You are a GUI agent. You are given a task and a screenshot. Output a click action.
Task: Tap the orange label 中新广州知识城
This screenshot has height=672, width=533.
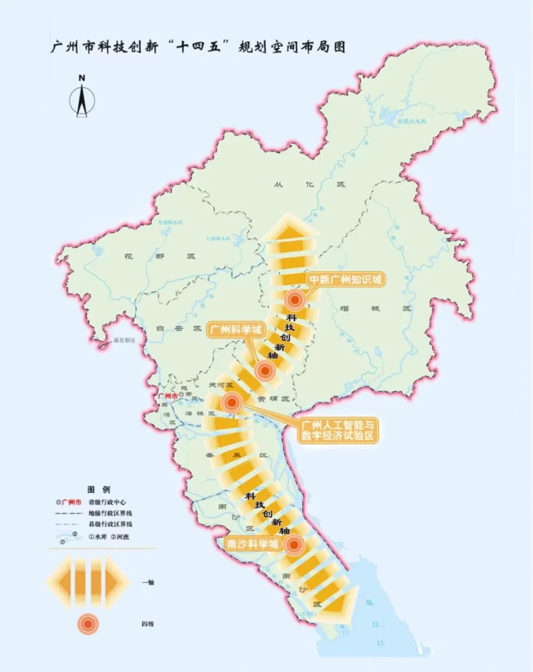[345, 279]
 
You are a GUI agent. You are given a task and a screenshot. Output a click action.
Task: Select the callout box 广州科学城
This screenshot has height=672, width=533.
[235, 329]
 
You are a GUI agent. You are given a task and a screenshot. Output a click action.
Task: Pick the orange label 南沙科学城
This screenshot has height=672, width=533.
[252, 544]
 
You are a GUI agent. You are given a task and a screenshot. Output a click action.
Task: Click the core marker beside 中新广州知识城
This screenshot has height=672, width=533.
[295, 299]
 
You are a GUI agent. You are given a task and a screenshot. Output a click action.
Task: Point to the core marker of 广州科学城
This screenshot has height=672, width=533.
[265, 370]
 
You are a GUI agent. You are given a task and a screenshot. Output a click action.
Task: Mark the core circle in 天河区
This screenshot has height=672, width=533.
[231, 402]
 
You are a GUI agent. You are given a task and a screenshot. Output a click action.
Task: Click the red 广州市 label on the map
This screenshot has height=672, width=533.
[167, 396]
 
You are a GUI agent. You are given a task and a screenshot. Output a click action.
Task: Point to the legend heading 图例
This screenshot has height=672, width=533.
[99, 489]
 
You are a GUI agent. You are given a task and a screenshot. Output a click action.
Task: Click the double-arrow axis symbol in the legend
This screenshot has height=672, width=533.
[88, 582]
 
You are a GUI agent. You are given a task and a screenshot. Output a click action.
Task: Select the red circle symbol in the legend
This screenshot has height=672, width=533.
[88, 624]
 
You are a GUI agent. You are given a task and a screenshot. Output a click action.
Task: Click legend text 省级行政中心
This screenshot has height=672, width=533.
[107, 502]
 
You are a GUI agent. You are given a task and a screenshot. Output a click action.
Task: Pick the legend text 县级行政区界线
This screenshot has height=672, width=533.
[110, 524]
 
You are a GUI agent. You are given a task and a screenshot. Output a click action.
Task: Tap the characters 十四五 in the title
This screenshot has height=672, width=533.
[198, 47]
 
